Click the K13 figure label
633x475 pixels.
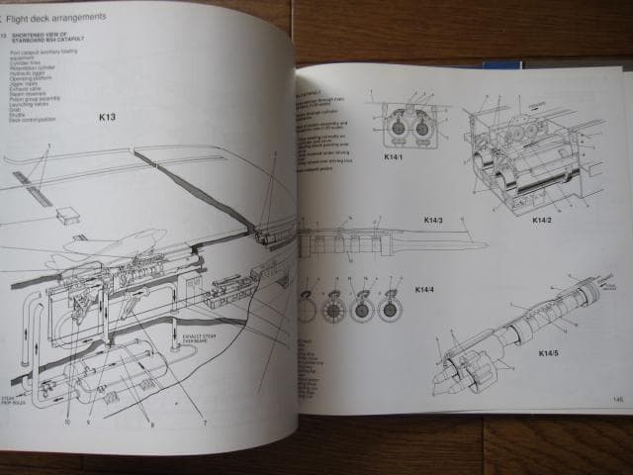107,117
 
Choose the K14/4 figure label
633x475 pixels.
424,289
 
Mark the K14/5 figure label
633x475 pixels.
550,353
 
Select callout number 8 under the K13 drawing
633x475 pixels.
151,426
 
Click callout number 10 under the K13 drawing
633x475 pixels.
66,422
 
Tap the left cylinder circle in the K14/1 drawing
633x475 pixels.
388,126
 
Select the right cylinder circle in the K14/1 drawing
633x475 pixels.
421,126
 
